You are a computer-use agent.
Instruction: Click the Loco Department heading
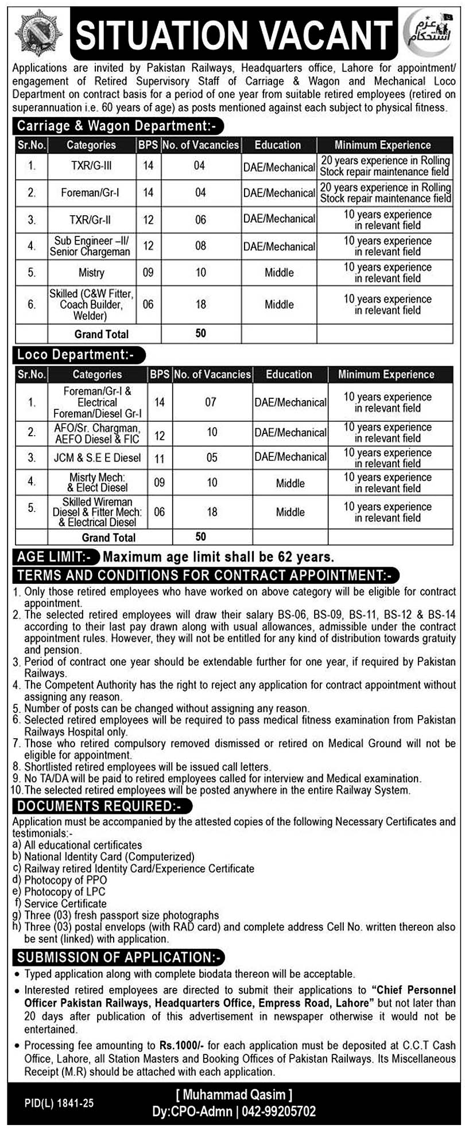(75, 355)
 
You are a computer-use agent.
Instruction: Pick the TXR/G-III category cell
(91, 166)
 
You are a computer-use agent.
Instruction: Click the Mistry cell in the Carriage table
(91, 273)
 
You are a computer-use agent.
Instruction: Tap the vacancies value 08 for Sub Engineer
(200, 246)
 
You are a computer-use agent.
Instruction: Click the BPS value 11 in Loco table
(160, 457)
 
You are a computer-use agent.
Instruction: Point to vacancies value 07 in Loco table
(212, 402)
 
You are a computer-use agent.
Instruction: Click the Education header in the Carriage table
(278, 145)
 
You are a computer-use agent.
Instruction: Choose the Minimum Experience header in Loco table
(386, 374)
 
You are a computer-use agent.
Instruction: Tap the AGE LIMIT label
(55, 556)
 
